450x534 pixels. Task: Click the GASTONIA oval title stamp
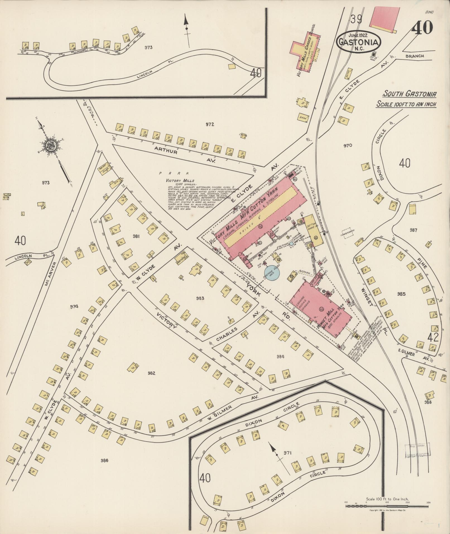[x=358, y=42]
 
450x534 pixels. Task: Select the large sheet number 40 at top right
[x=422, y=28]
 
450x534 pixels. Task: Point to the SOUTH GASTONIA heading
[x=409, y=94]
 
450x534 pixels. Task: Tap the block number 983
[x=200, y=298]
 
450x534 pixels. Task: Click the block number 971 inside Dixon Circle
[x=287, y=453]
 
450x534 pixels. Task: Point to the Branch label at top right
[x=415, y=56]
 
